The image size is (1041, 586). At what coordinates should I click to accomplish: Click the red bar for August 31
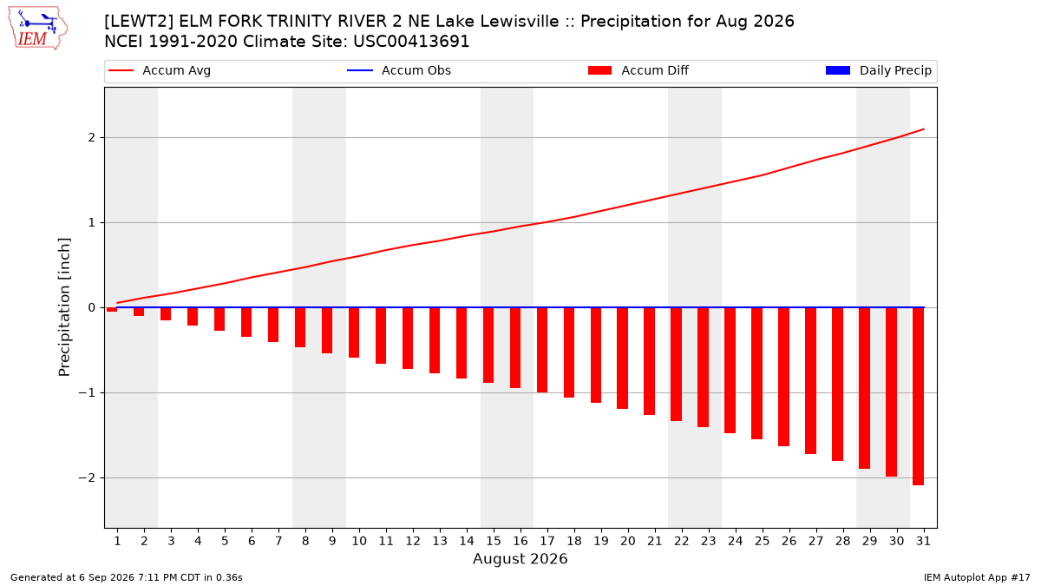click(x=919, y=396)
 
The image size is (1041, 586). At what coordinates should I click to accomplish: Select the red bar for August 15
click(x=488, y=346)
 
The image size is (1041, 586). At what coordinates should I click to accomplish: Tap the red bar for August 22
click(x=676, y=364)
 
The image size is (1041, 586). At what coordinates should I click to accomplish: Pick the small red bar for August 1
click(x=112, y=309)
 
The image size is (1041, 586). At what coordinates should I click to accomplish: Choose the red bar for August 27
click(x=810, y=380)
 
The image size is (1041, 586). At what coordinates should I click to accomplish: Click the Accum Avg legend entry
click(x=160, y=70)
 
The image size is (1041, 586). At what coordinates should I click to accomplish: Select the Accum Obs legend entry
click(x=399, y=70)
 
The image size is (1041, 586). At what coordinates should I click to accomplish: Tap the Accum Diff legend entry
click(x=638, y=70)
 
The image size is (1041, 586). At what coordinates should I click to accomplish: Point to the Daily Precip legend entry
click(x=878, y=70)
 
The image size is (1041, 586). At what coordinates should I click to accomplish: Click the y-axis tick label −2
click(x=87, y=478)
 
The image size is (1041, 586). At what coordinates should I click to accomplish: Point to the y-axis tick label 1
click(x=91, y=223)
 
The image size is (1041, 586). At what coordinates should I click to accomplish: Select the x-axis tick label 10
click(x=359, y=541)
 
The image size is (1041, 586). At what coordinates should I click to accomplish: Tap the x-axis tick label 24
click(x=736, y=541)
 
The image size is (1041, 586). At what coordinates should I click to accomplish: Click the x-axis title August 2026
click(x=520, y=558)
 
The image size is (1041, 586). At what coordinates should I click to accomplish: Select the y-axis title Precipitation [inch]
click(x=64, y=307)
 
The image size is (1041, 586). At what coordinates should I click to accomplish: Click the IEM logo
click(x=38, y=28)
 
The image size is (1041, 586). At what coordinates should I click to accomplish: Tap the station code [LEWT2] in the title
click(x=138, y=22)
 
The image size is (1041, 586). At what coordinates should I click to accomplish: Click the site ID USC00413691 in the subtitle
click(x=411, y=42)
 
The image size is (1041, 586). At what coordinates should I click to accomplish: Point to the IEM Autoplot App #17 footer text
click(x=977, y=577)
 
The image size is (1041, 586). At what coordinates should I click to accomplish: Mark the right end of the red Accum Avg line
click(x=923, y=129)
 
